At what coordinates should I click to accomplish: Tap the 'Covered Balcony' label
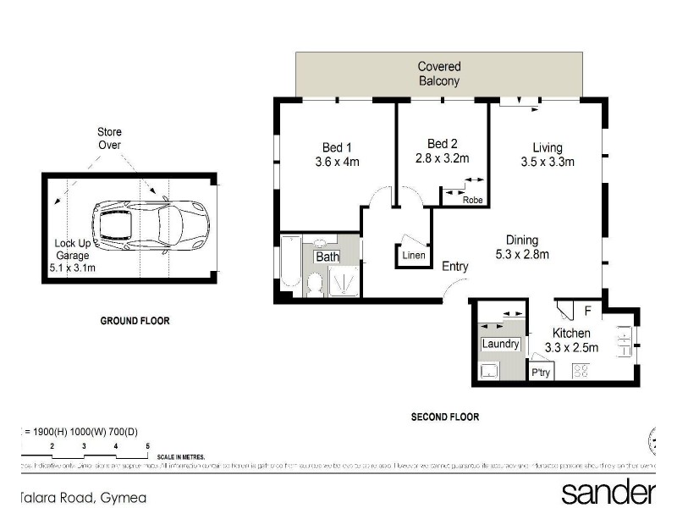click(439, 74)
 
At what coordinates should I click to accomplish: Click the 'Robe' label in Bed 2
click(471, 201)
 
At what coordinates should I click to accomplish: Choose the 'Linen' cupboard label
click(415, 256)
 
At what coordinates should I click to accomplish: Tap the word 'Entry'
click(455, 267)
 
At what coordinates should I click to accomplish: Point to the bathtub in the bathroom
click(289, 266)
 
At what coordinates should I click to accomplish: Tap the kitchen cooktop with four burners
click(582, 370)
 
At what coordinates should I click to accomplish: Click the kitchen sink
click(624, 342)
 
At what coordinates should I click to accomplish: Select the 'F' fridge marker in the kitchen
click(587, 311)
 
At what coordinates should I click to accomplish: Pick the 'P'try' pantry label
click(539, 373)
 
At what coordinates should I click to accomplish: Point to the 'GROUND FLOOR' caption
click(135, 321)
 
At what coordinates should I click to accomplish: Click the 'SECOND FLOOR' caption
click(445, 417)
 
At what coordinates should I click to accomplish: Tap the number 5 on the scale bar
click(147, 445)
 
